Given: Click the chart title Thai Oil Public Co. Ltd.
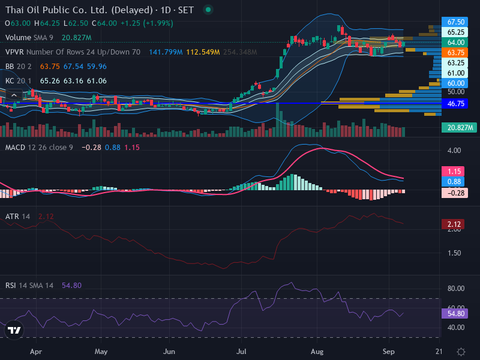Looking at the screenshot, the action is pyautogui.click(x=56, y=10).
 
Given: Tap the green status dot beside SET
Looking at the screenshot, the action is pyautogui.click(x=208, y=10).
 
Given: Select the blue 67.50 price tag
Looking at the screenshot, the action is pyautogui.click(x=455, y=22).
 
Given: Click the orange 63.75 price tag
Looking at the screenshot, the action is pyautogui.click(x=455, y=53).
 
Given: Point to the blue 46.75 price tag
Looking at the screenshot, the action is pyautogui.click(x=455, y=103).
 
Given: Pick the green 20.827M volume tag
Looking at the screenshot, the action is pyautogui.click(x=459, y=127).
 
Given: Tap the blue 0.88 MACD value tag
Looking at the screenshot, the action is pyautogui.click(x=453, y=182).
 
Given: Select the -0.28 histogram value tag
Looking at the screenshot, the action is pyautogui.click(x=455, y=193).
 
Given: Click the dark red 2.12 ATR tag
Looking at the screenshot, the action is pyautogui.click(x=453, y=224).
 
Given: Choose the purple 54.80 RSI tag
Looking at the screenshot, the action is pyautogui.click(x=455, y=313).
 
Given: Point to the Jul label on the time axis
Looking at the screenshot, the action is pyautogui.click(x=241, y=352).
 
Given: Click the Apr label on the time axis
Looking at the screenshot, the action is pyautogui.click(x=36, y=352).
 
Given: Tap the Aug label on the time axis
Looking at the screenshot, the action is pyautogui.click(x=317, y=352).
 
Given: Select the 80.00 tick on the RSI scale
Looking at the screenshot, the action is pyautogui.click(x=456, y=289).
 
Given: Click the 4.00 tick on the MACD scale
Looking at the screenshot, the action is pyautogui.click(x=454, y=151).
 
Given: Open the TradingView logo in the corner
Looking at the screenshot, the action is pyautogui.click(x=14, y=330).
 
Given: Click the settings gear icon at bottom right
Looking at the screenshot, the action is pyautogui.click(x=461, y=352).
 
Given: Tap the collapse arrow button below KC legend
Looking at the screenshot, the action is pyautogui.click(x=14, y=95).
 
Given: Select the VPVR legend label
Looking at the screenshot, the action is pyautogui.click(x=14, y=52).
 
